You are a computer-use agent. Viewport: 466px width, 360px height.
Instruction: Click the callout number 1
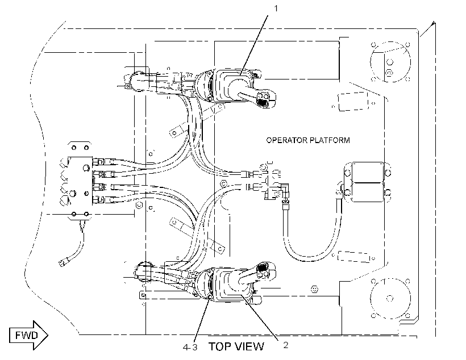pos(276,9)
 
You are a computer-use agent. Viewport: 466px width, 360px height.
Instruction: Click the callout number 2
pos(286,345)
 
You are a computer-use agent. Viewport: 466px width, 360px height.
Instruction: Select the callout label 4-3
pos(190,348)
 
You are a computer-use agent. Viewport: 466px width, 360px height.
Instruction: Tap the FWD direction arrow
pos(28,336)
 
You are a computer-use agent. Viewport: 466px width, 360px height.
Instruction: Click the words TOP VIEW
pos(236,346)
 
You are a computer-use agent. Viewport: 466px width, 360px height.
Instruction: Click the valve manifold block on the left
pos(80,181)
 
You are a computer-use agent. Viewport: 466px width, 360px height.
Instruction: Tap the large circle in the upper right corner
pos(390,62)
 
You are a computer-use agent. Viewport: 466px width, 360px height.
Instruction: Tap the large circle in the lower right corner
pos(390,298)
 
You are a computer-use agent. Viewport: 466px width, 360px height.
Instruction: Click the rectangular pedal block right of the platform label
pos(367,182)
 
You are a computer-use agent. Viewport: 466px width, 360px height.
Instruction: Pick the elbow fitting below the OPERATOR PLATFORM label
pos(285,190)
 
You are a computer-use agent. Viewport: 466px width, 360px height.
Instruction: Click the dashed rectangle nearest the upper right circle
pos(353,102)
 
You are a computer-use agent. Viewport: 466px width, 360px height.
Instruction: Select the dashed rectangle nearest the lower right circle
pos(353,257)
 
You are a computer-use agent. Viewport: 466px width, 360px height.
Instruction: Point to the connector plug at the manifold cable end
pos(63,262)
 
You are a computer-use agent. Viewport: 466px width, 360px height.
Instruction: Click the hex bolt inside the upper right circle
pos(389,73)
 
